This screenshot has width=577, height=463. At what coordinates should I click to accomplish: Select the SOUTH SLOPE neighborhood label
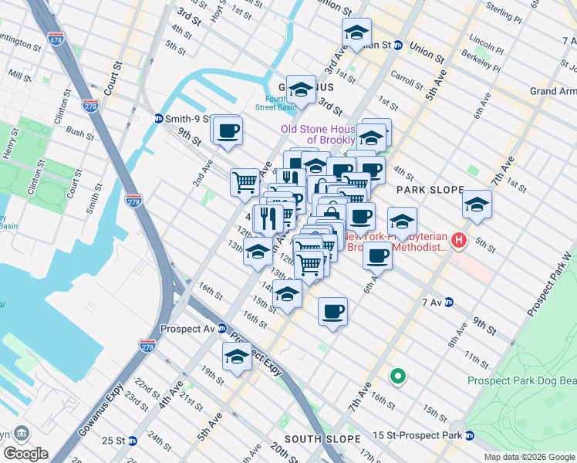click(x=322, y=439)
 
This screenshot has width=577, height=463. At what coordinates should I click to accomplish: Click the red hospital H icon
click(x=460, y=242)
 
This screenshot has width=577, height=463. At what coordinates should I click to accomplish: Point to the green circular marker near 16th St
click(x=398, y=376)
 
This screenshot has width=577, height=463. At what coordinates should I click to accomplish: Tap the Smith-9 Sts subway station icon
click(x=159, y=119)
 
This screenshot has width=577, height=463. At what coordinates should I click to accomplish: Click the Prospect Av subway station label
click(x=187, y=328)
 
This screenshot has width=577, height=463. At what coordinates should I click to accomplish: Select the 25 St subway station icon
click(x=132, y=441)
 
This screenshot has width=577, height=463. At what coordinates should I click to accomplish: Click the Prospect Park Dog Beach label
click(x=521, y=380)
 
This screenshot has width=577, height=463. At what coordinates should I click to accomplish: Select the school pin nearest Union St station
click(x=356, y=33)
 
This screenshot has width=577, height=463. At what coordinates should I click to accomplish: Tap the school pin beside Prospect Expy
click(x=237, y=357)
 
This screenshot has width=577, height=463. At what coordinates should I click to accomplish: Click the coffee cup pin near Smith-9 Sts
click(x=227, y=130)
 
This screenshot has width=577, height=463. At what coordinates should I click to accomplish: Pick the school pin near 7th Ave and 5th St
click(x=477, y=204)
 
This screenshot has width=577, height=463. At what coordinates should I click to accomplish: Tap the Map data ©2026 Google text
click(x=528, y=457)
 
